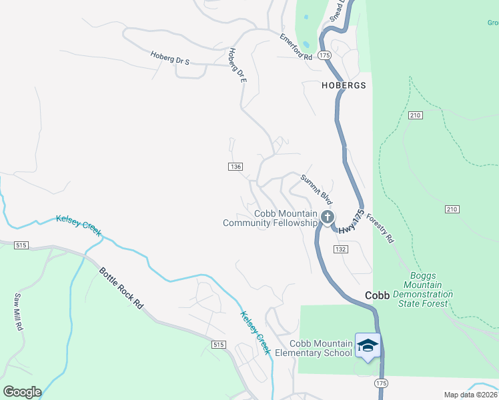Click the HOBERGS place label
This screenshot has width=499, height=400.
344,86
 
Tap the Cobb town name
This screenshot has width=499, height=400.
377,295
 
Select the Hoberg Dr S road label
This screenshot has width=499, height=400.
170,58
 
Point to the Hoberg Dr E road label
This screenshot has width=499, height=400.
237,65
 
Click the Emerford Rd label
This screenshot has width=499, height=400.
296,47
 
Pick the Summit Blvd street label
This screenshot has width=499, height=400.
316,189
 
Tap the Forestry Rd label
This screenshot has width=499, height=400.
380,229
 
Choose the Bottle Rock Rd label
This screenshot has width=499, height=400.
121,288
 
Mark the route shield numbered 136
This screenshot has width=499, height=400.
235,166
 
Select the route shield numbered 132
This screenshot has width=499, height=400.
340,249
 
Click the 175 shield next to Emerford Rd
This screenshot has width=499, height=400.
325,55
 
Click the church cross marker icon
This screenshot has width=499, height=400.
327,217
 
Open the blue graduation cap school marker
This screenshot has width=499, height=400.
368,345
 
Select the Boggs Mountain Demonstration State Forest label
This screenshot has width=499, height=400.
422,289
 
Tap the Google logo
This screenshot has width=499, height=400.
22,392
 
